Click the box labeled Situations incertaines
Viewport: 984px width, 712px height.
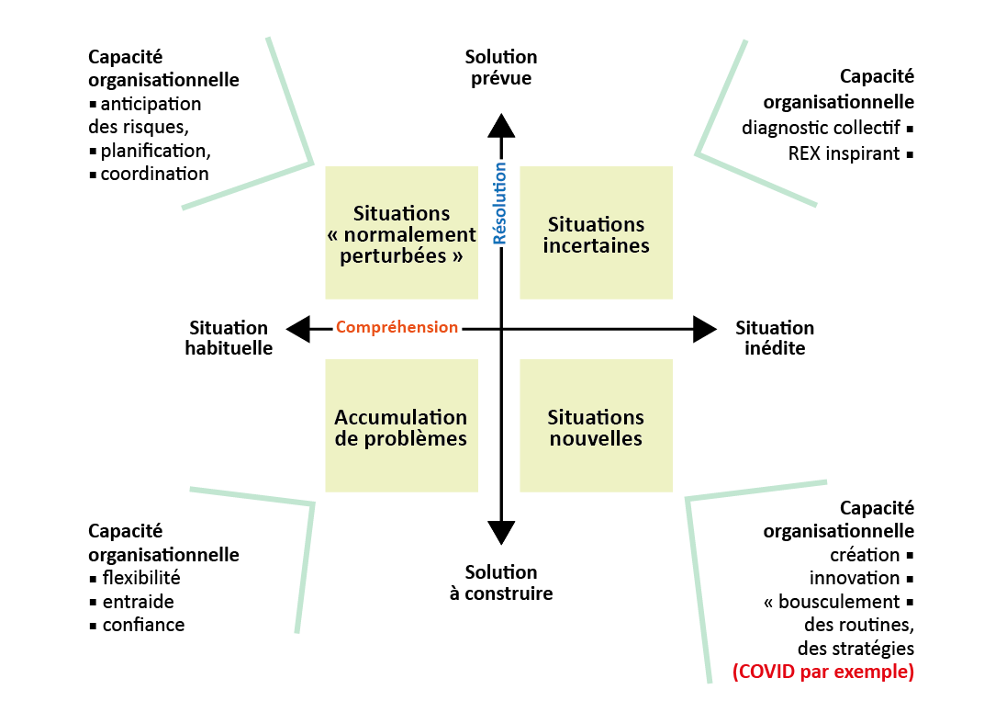pos(596,233)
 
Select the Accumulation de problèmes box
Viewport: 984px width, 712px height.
pos(401,426)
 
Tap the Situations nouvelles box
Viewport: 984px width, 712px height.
pos(596,426)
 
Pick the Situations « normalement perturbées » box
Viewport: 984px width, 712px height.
pos(401,233)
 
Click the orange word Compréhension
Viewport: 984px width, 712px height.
pos(397,327)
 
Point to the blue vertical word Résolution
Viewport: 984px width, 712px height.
pos(500,203)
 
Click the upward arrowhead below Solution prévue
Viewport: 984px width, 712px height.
pos(501,126)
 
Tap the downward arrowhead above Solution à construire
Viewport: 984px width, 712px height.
pos(501,531)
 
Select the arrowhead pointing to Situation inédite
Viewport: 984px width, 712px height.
pos(704,328)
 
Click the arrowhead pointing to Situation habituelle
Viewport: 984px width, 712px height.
pos(297,328)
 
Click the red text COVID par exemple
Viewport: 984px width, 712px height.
pos(822,672)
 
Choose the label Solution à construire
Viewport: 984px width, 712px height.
pos(501,582)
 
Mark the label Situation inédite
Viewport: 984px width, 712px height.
pos(774,338)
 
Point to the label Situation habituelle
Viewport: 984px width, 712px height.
pos(229,338)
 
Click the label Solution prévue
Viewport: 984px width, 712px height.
pos(501,68)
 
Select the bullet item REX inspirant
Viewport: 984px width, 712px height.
pos(844,153)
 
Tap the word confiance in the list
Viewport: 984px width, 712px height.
pos(143,625)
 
